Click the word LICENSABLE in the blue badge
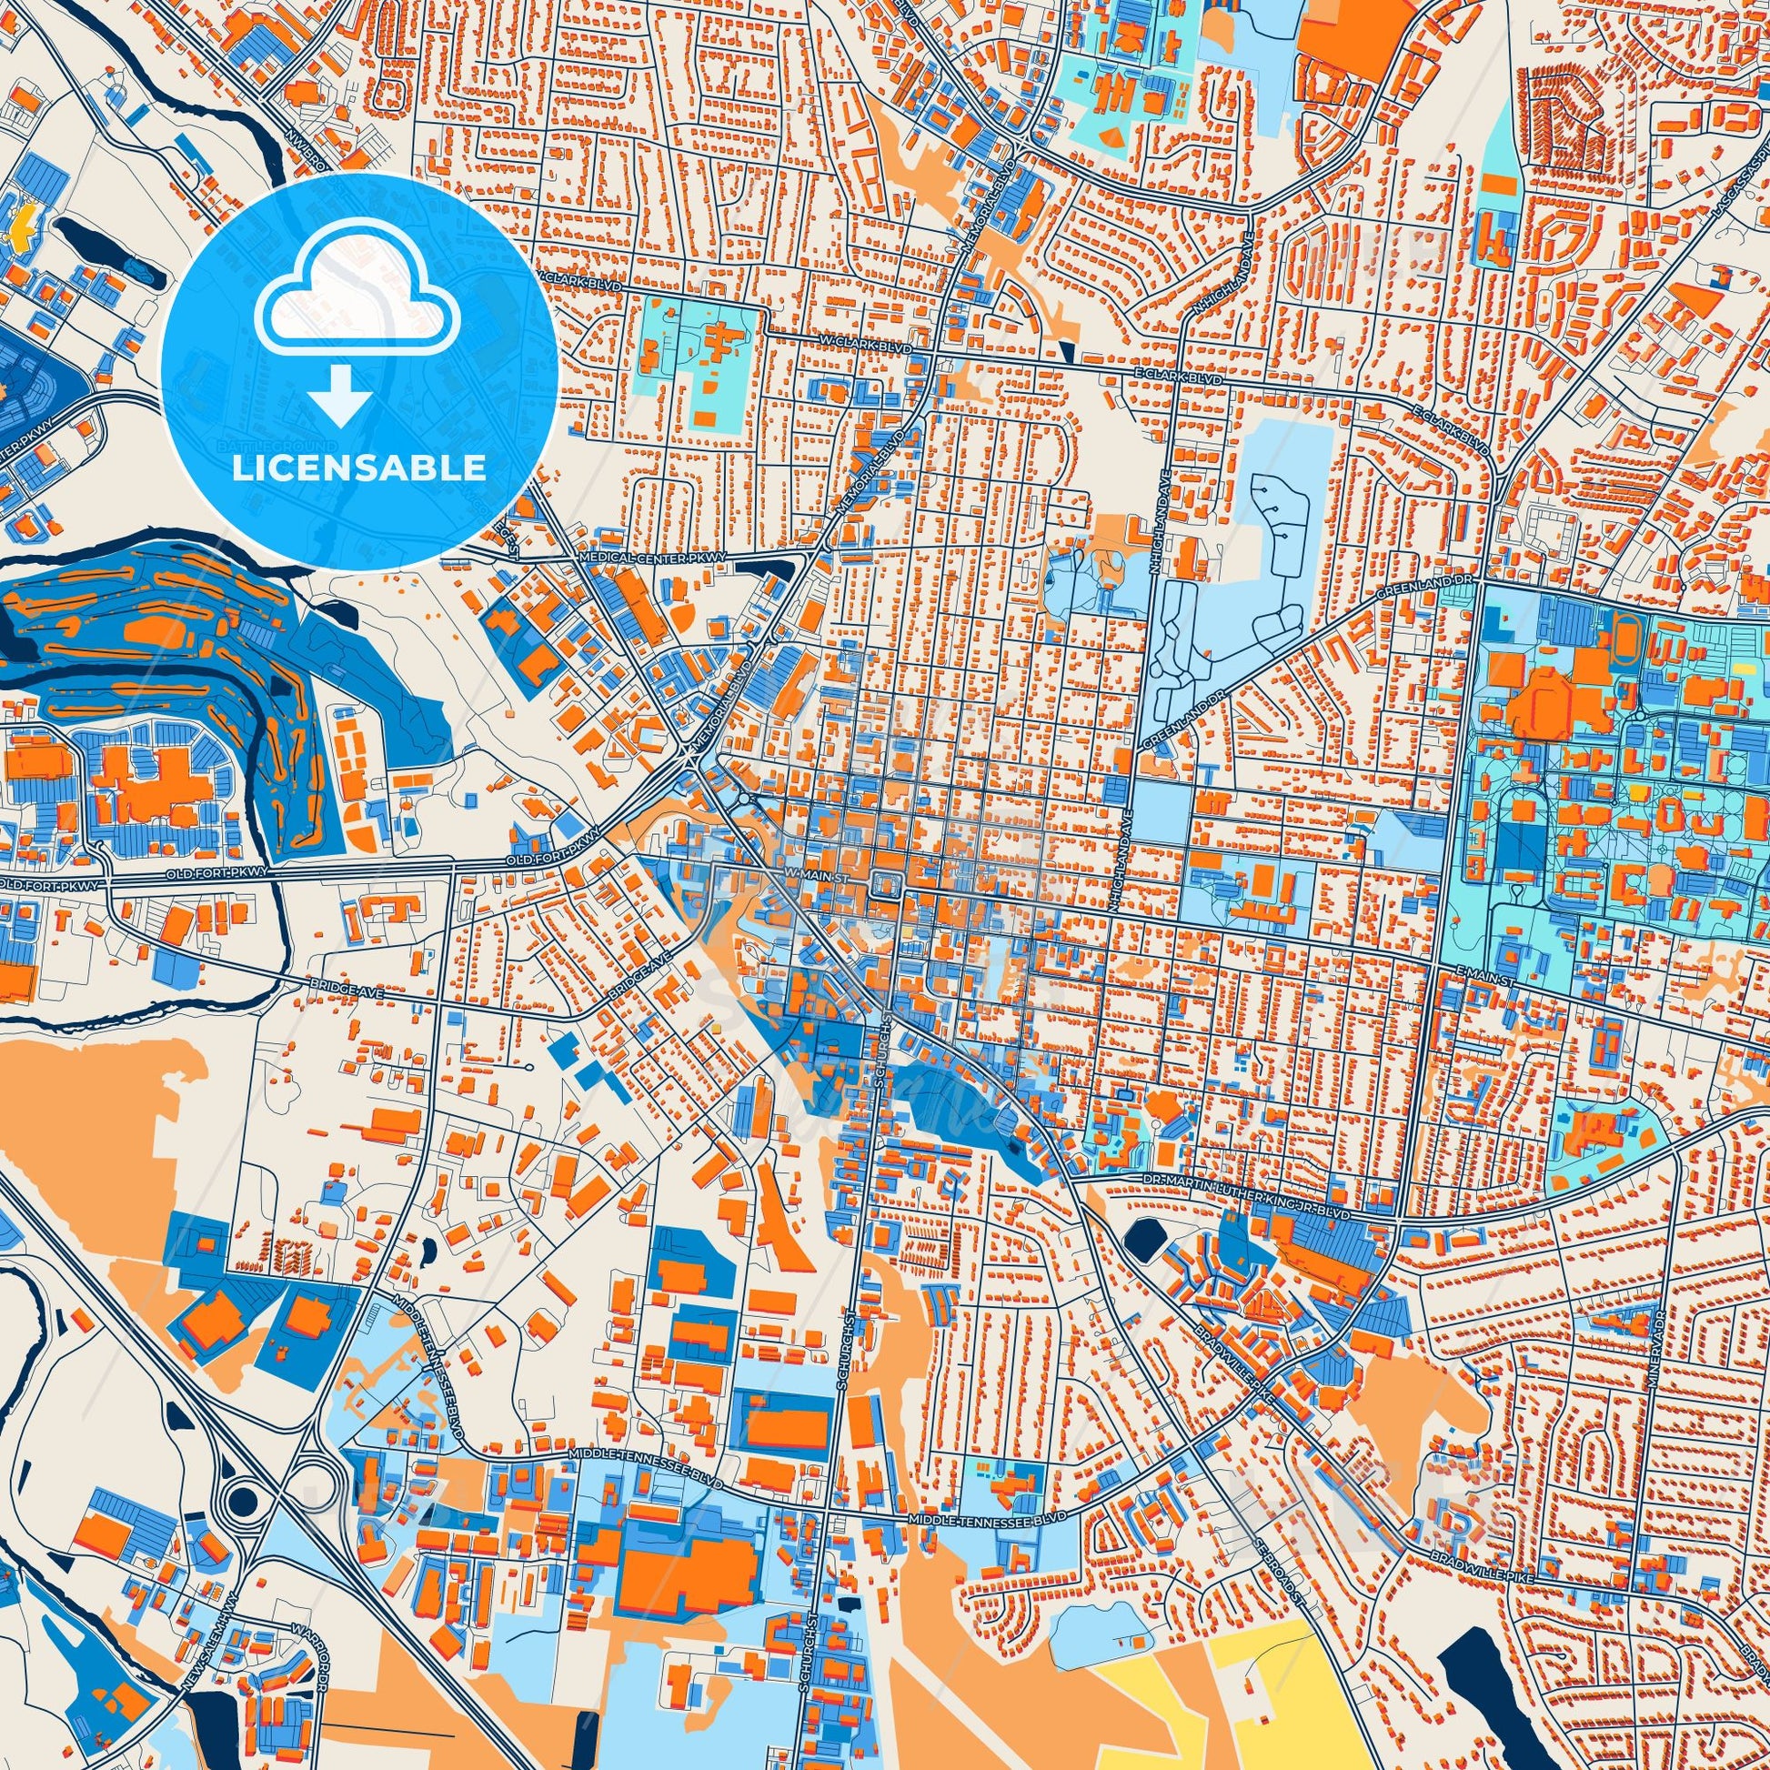click(359, 468)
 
